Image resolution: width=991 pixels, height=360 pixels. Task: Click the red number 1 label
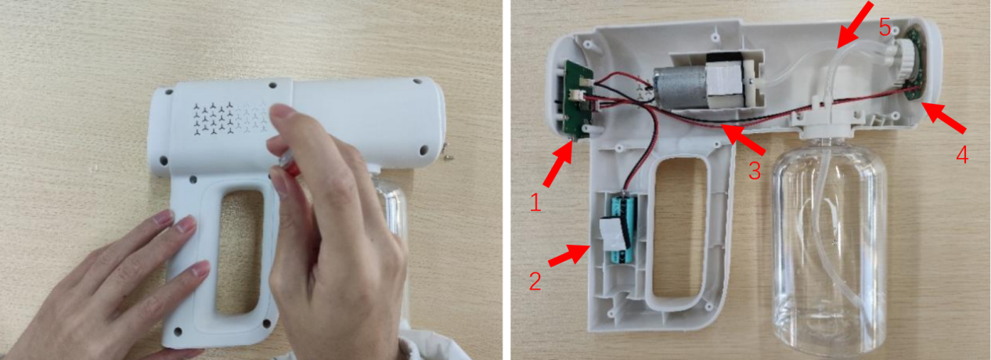click(535, 203)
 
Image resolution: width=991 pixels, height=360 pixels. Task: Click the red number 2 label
click(535, 281)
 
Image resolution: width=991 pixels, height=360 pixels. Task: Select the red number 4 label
click(962, 155)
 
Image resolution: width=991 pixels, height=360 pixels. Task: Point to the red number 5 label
click(885, 27)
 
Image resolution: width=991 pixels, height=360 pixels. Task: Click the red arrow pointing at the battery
click(569, 255)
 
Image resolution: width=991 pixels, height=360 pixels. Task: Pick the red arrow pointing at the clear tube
click(855, 25)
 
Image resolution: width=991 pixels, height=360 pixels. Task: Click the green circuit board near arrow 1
click(578, 100)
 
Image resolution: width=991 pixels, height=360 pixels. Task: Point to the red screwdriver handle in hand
click(290, 167)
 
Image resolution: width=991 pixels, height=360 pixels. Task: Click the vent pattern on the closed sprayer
click(230, 117)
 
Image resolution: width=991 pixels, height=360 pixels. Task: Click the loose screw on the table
click(449, 155)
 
